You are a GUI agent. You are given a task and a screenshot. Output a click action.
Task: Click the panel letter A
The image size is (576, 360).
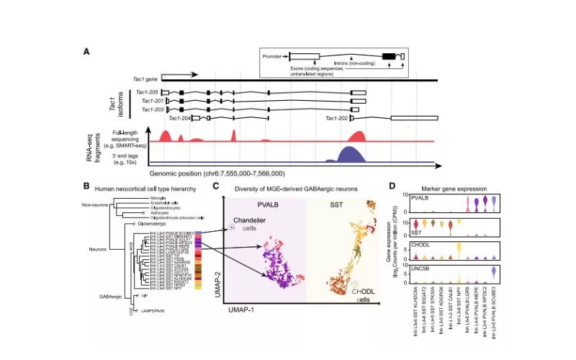tap(87, 51)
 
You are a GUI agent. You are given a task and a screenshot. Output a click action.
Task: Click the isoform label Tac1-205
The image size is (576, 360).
tap(148, 93)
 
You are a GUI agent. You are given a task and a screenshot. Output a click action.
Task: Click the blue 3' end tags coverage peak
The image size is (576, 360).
tap(350, 155)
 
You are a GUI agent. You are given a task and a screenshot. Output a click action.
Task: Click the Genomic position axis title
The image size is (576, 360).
tap(218, 174)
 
